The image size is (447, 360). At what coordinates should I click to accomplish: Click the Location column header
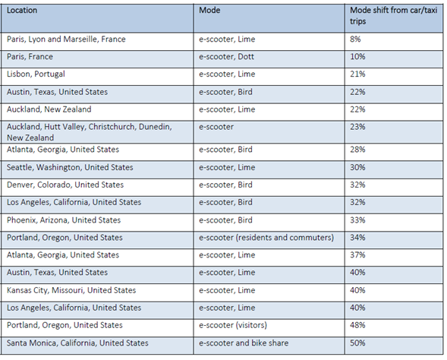click(x=22, y=11)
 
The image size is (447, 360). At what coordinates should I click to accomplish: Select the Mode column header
click(x=209, y=11)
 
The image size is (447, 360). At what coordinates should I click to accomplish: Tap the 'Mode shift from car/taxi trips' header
click(x=393, y=16)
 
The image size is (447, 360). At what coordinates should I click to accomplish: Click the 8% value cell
click(x=355, y=39)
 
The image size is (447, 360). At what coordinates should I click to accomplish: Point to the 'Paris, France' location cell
click(x=30, y=56)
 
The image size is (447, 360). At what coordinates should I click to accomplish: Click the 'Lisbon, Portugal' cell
click(x=36, y=74)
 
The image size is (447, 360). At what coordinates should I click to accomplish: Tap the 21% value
click(x=357, y=74)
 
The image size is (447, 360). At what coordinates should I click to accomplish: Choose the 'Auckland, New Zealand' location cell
click(x=49, y=109)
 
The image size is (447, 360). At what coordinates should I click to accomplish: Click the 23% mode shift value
click(x=357, y=127)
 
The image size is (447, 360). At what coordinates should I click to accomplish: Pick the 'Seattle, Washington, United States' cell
click(x=70, y=167)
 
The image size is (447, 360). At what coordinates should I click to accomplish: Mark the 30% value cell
click(x=357, y=167)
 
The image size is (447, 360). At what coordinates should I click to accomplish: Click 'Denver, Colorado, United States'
click(x=65, y=185)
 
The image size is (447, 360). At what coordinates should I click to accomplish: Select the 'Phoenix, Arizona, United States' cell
click(x=64, y=220)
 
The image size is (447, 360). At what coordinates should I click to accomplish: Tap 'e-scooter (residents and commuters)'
click(x=266, y=238)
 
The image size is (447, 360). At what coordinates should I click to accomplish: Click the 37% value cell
click(x=357, y=254)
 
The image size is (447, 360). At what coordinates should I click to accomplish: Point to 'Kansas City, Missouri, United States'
click(x=71, y=290)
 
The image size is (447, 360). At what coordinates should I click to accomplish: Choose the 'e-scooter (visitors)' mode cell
click(x=233, y=325)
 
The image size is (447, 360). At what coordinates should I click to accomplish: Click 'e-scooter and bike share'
click(x=244, y=343)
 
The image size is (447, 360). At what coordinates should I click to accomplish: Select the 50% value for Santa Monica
click(x=357, y=343)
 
